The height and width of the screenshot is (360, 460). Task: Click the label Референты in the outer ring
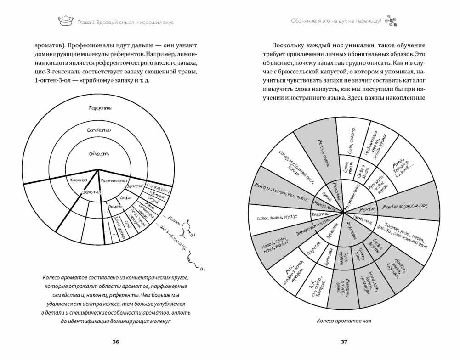click(x=100, y=108)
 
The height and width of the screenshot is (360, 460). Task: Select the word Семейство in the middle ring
click(x=99, y=130)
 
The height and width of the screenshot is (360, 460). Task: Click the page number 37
click(x=344, y=342)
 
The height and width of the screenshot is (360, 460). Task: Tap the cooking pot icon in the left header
click(x=64, y=21)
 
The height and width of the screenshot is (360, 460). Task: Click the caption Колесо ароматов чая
click(x=344, y=321)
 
